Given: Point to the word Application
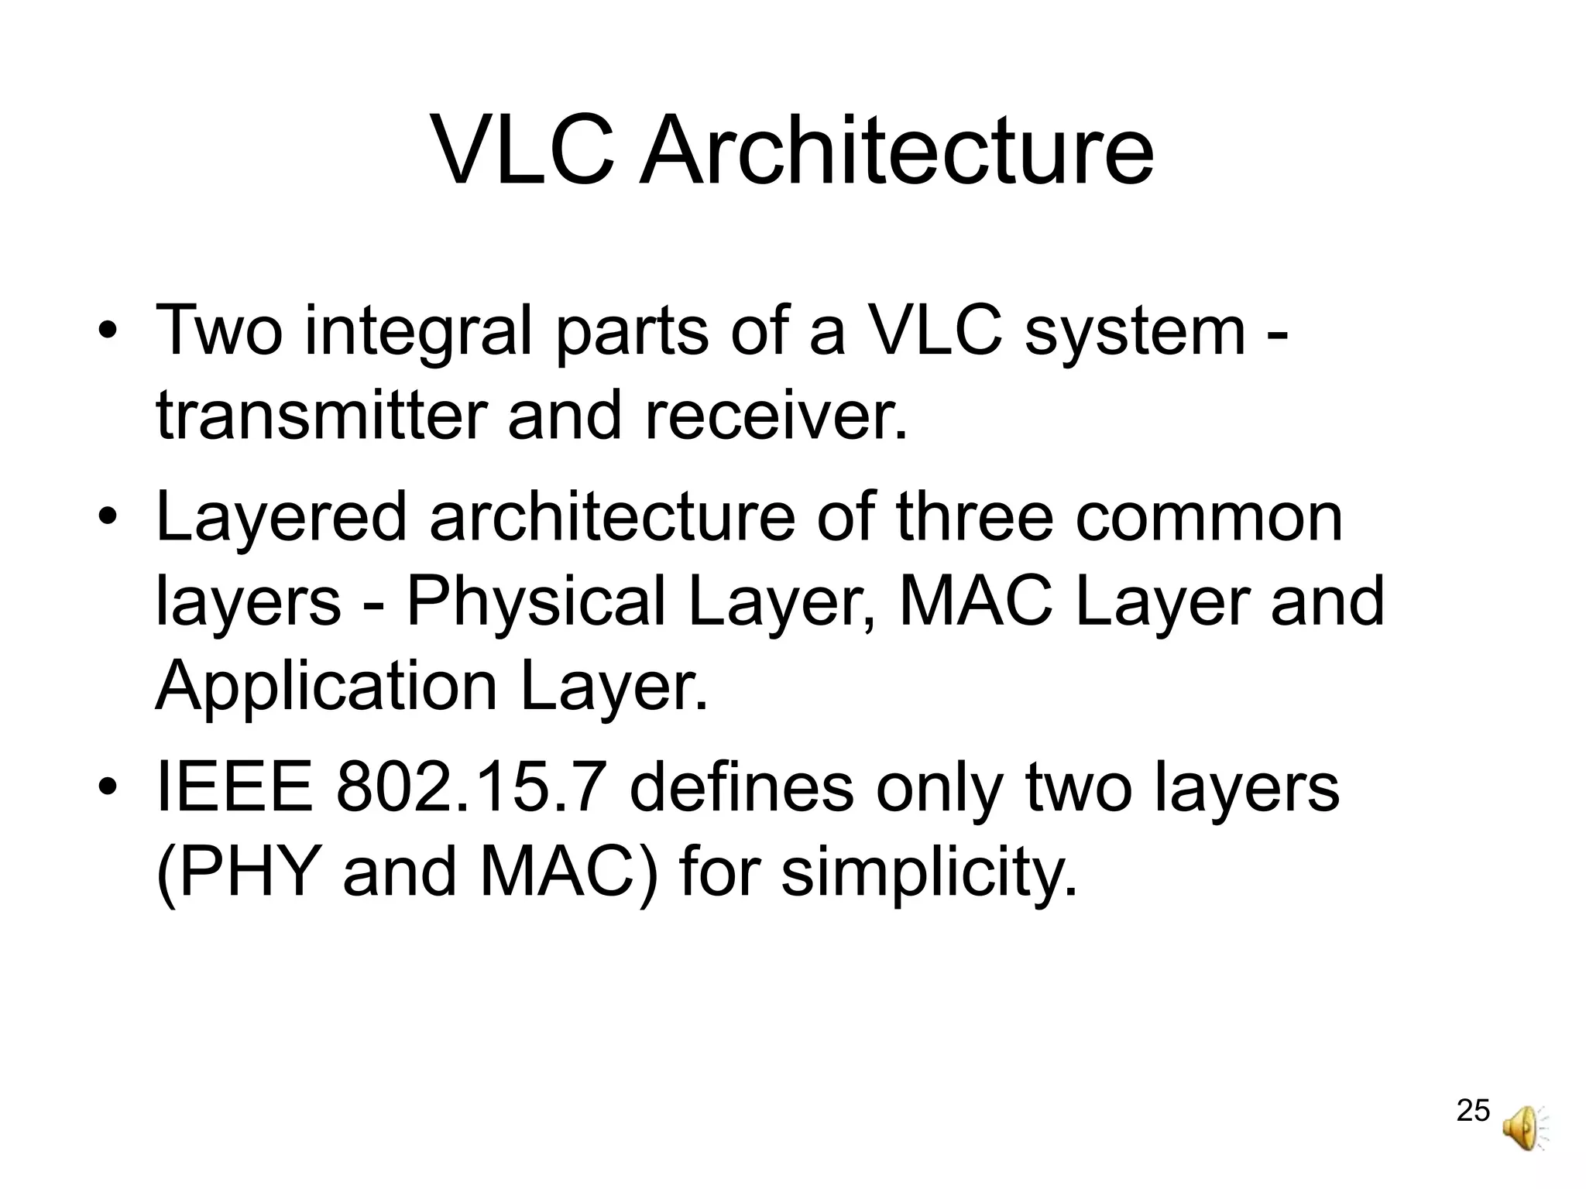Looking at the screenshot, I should click(326, 687).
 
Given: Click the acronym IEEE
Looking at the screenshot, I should click(235, 788).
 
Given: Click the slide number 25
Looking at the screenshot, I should click(1473, 1110).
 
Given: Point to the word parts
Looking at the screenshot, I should click(632, 331).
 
